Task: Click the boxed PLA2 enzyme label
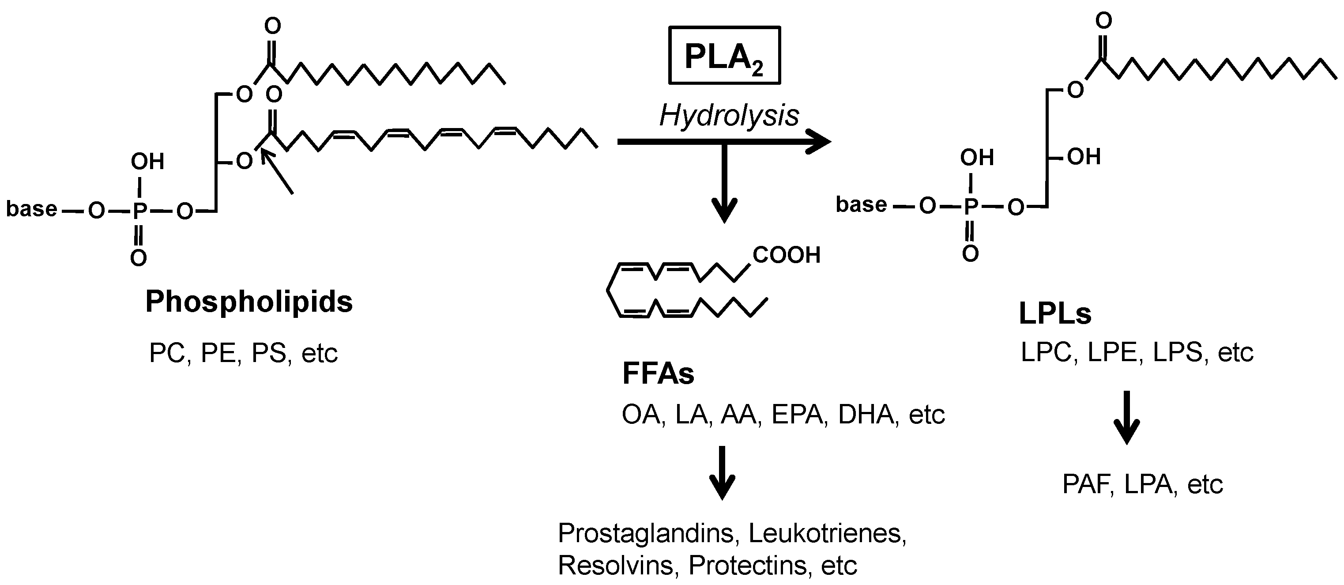[x=724, y=56]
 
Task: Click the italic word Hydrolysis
[x=729, y=116]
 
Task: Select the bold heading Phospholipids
[x=249, y=302]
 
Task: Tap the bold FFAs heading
[x=658, y=374]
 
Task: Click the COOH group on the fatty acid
[x=786, y=255]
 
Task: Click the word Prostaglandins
[x=647, y=533]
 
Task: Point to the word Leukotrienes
[x=827, y=533]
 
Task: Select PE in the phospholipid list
[x=218, y=353]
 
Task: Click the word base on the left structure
[x=31, y=209]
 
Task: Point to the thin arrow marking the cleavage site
[x=278, y=173]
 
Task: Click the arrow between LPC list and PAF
[x=1127, y=418]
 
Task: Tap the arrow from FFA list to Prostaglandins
[x=722, y=473]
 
